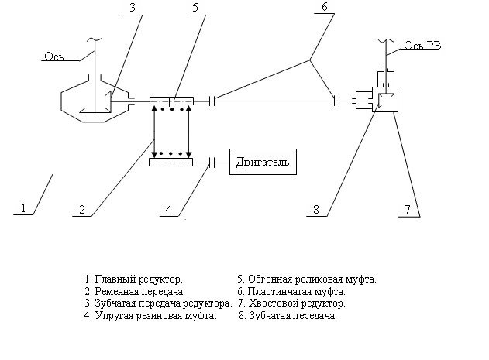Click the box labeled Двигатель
(261, 163)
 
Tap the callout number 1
(24, 207)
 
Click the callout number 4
(173, 207)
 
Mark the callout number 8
(316, 207)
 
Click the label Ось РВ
(425, 46)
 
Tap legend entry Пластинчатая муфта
(291, 291)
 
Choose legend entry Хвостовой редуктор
(291, 303)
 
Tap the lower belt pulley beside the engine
(170, 163)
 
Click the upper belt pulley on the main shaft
(170, 100)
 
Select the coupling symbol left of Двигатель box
(212, 163)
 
